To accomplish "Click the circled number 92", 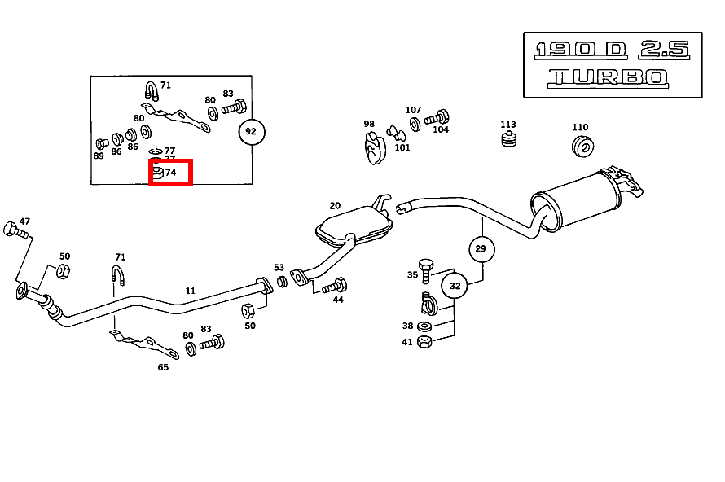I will (251, 131).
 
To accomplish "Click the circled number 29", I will (481, 248).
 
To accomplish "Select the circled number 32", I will (455, 286).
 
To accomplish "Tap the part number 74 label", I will (170, 173).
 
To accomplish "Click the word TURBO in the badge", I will (607, 78).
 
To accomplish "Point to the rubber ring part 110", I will (582, 147).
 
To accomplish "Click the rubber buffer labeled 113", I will (508, 142).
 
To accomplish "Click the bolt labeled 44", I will (335, 286).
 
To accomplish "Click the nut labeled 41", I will (424, 342).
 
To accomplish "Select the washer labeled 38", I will (424, 327).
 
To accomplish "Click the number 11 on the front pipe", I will (190, 290).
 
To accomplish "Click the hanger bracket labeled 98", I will (373, 147).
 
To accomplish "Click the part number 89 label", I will (99, 155).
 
